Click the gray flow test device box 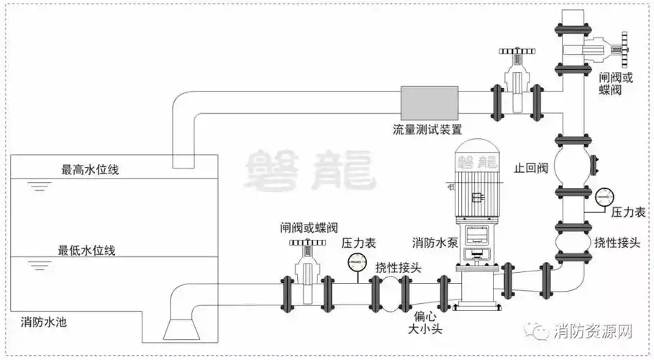(x=429, y=103)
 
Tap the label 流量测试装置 (x=427, y=130)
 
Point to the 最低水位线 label (x=87, y=251)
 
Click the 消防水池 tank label (x=46, y=320)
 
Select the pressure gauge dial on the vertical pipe (x=604, y=195)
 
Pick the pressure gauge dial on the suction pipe (x=355, y=261)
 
